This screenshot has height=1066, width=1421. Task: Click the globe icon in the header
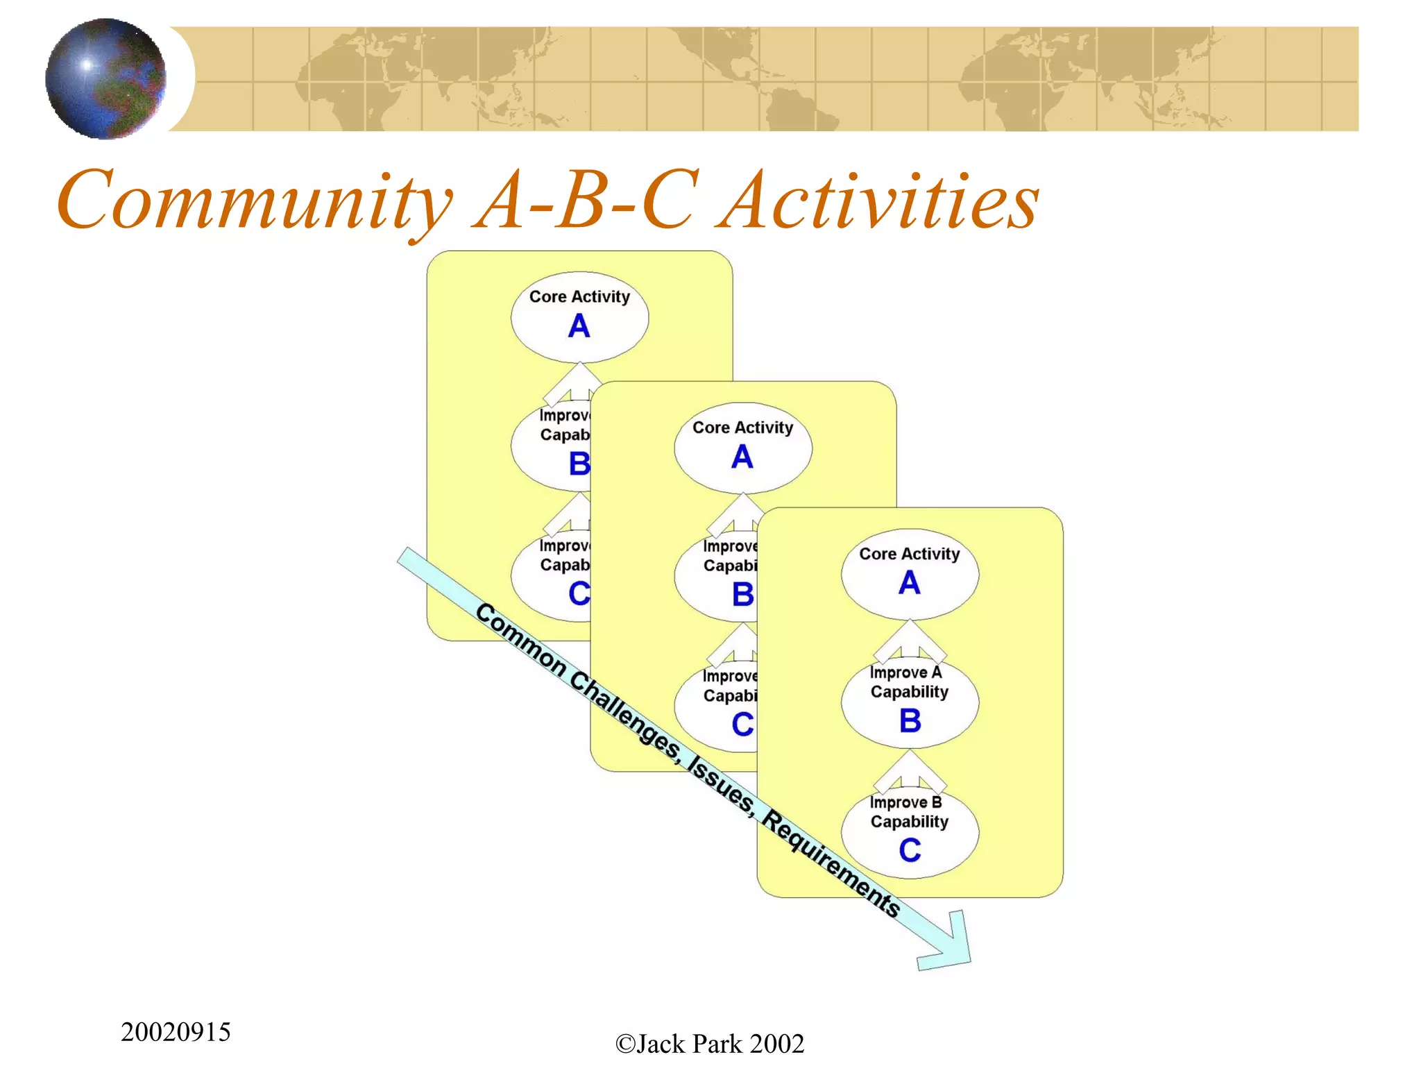[105, 78]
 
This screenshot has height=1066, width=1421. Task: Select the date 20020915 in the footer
[176, 1032]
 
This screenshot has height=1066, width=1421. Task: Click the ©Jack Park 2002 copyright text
[710, 1044]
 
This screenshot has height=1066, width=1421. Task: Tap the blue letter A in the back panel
[579, 326]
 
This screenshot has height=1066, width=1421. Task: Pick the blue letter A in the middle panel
[742, 457]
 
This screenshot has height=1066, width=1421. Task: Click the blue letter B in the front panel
[910, 721]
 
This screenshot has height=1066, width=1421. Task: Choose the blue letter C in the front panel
[910, 850]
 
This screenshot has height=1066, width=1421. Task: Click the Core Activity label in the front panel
[909, 554]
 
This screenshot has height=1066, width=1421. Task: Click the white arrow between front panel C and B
[910, 771]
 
